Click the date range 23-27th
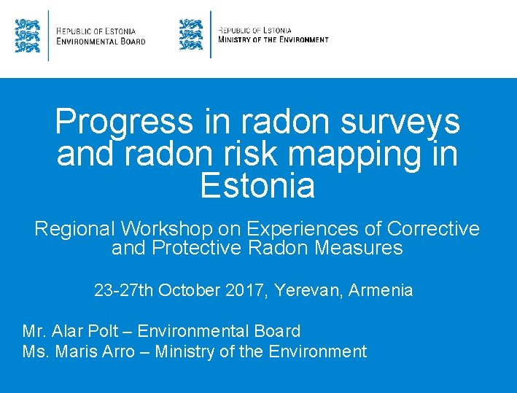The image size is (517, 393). pyautogui.click(x=124, y=290)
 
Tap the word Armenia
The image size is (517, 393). pyautogui.click(x=381, y=290)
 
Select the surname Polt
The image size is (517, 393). pyautogui.click(x=107, y=331)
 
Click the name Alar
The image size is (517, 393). pyautogui.click(x=71, y=331)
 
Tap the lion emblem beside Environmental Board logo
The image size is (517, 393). pyautogui.click(x=27, y=35)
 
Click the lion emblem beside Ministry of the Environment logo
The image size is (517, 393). pyautogui.click(x=191, y=35)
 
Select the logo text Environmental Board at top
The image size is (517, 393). pyautogui.click(x=101, y=41)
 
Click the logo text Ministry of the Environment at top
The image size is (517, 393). pyautogui.click(x=273, y=39)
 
